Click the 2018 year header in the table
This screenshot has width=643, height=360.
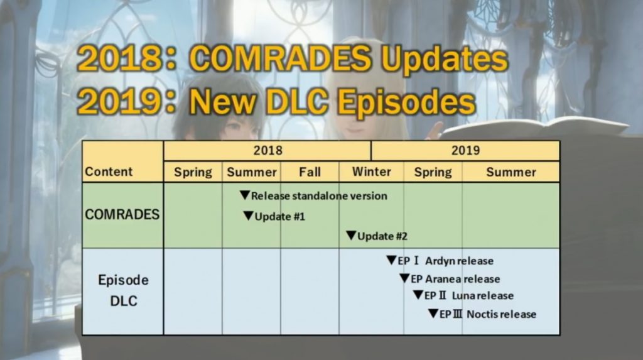pos(267,150)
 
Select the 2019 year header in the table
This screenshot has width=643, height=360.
pos(465,150)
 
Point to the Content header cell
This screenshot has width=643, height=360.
pos(109,172)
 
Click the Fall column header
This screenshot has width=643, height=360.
pos(310,172)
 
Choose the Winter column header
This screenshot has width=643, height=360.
pos(371,172)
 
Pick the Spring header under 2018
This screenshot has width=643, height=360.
pos(193,172)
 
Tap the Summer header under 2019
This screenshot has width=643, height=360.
pos(511,172)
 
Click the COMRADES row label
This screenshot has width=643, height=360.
pos(122,214)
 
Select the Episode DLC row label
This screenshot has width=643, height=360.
pos(123,290)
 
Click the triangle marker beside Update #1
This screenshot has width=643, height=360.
pos(248,216)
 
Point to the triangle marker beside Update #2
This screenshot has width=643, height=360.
pos(351,236)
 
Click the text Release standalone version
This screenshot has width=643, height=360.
pos(319,196)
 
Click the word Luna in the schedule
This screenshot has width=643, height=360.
pos(464,296)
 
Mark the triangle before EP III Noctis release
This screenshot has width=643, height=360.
pos(433,314)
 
